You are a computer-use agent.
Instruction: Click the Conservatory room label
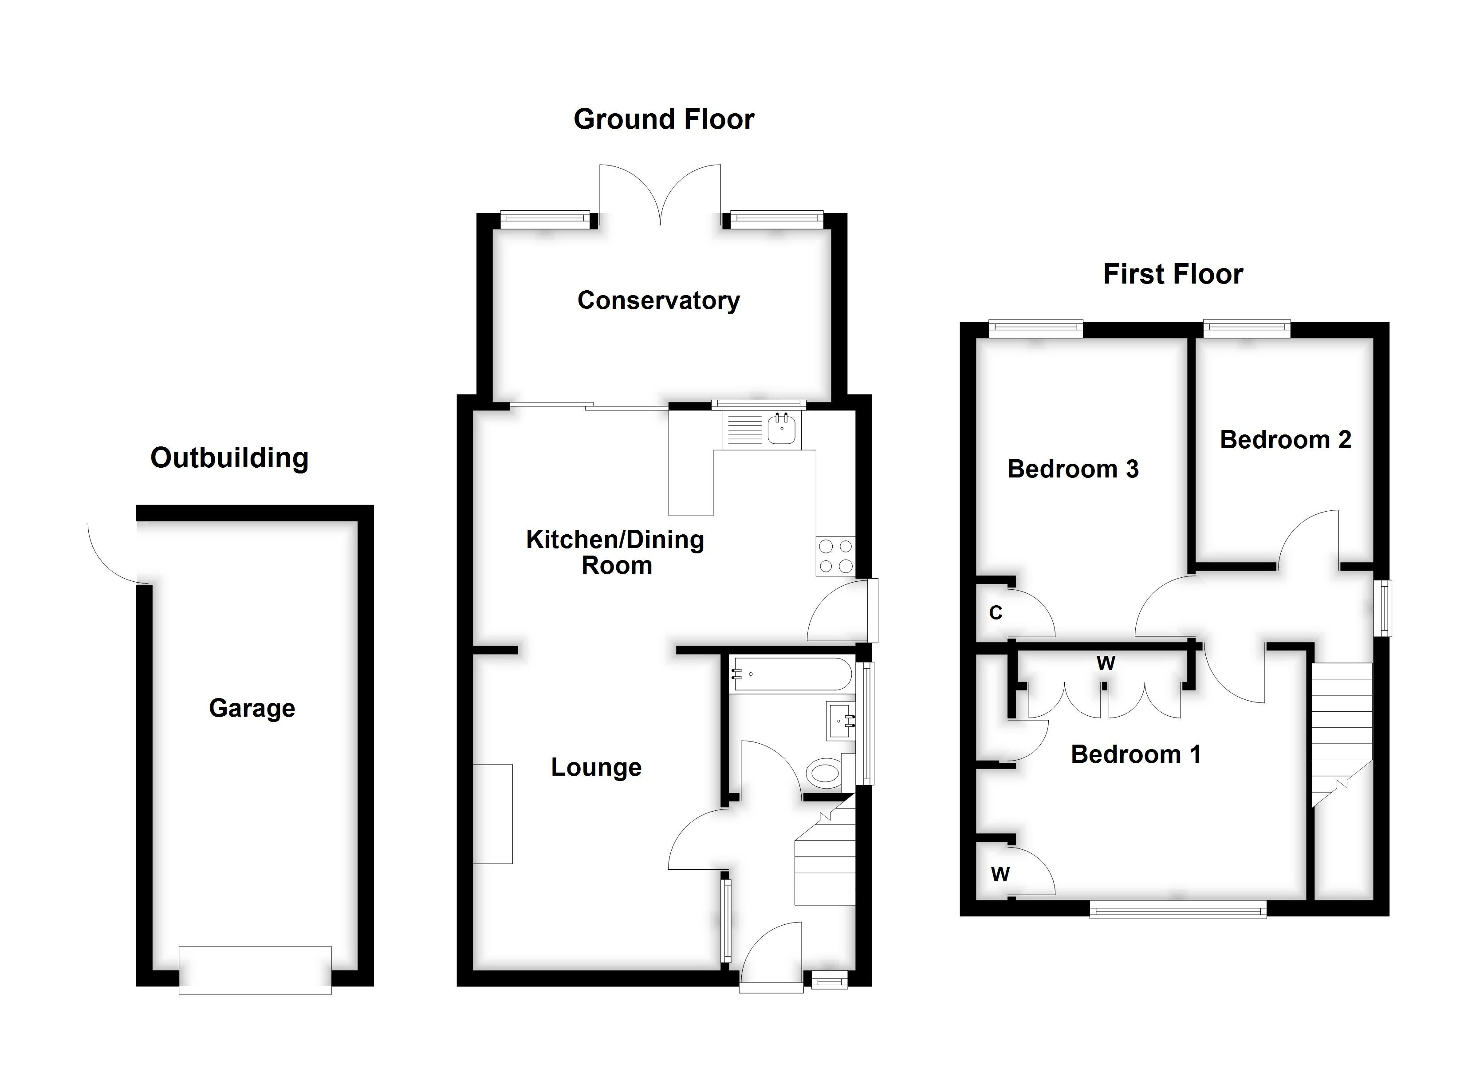pos(658,300)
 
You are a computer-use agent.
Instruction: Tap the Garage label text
pos(252,709)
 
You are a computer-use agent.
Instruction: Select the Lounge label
pos(596,767)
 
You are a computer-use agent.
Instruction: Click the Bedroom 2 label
pos(1285,440)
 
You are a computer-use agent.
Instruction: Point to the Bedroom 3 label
pos(1073,469)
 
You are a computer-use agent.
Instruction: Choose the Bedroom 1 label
pos(1135,754)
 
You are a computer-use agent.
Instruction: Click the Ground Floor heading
pos(664,119)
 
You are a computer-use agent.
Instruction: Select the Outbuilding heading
pos(229,458)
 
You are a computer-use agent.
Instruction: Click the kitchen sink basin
pos(782,431)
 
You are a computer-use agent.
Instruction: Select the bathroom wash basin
pos(840,722)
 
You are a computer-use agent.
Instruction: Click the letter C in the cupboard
pos(996,612)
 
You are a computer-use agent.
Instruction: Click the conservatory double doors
pos(660,194)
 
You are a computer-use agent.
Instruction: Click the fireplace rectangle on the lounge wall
pos(493,814)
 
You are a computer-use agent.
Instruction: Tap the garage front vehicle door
pos(255,970)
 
